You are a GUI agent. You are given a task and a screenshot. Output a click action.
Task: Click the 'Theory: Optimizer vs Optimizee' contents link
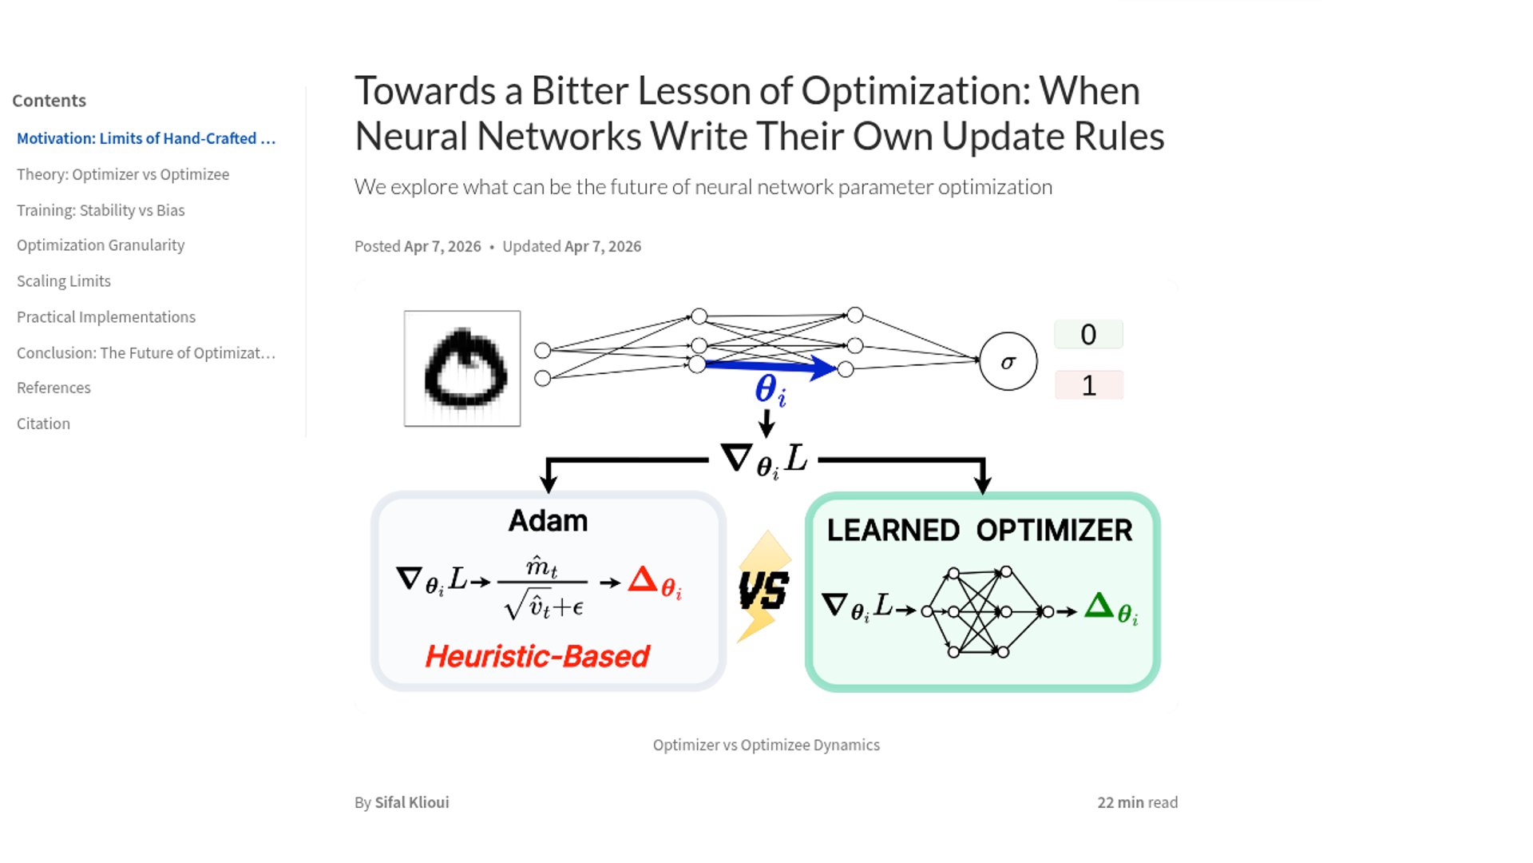coord(123,174)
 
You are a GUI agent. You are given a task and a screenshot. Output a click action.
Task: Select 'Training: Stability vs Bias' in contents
coord(101,210)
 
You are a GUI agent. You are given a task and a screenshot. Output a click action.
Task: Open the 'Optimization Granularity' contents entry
coord(101,245)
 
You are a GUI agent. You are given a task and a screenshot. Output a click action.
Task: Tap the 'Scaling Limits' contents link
coord(64,281)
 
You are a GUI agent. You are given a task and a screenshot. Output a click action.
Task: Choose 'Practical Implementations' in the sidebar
coord(106,317)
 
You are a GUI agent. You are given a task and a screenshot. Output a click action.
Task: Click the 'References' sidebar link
coord(53,388)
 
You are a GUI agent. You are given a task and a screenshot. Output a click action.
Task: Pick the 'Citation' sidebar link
coord(43,424)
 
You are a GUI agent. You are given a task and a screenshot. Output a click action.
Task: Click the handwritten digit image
coord(462,368)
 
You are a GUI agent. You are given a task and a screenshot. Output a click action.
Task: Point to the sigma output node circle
coord(1008,362)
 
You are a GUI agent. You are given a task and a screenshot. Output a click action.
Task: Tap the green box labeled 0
coord(1088,334)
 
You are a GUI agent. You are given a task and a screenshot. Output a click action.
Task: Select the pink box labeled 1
coord(1088,385)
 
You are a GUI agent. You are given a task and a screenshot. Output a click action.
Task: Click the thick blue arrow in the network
coord(770,366)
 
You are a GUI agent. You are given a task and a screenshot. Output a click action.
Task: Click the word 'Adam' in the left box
coord(548,521)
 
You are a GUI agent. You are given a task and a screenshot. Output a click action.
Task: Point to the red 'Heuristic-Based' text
coord(537,656)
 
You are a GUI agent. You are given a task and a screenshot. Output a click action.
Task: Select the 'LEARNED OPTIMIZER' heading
coord(980,531)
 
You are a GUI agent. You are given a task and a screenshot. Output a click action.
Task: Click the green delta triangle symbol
coord(1099,605)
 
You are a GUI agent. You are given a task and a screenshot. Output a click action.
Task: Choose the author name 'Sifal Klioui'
coord(412,802)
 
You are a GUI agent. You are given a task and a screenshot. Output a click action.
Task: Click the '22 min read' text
coord(1137,802)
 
